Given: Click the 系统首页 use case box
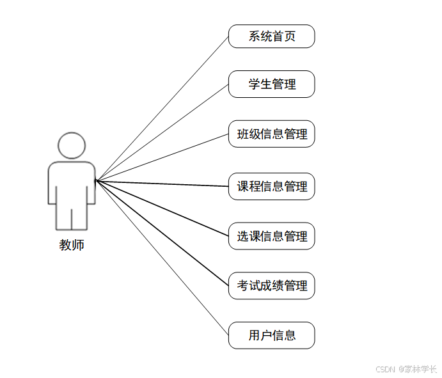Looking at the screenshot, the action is click(271, 36).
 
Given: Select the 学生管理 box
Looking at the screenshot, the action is click(271, 84).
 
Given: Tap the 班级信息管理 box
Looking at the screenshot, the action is click(271, 134).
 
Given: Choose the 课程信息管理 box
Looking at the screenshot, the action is click(271, 187).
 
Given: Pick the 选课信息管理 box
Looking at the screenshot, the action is click(271, 236).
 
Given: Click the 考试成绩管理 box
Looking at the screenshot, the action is click(271, 285).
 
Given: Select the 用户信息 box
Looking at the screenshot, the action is click(271, 335).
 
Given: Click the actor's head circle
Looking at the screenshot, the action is click(72, 145).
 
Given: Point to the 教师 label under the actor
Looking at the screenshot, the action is click(72, 245).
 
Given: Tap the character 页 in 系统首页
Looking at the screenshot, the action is click(290, 36).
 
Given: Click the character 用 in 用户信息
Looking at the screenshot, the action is click(255, 335).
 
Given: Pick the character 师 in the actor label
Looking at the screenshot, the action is click(78, 245).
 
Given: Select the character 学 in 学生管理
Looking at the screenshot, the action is click(255, 84).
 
